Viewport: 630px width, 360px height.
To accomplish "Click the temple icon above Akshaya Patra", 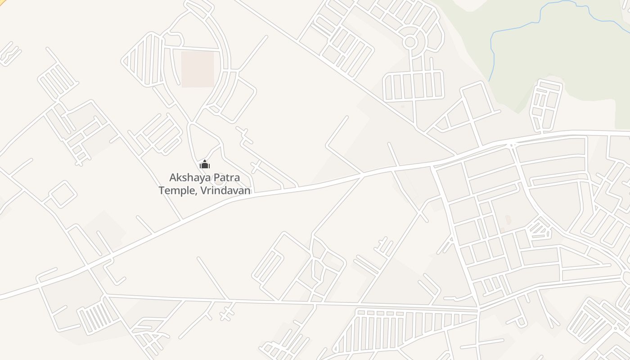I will tap(205, 164).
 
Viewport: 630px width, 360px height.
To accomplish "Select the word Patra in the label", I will tap(225, 178).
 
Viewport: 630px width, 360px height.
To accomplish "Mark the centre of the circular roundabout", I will tap(409, 42).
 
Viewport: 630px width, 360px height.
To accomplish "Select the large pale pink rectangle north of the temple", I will tap(198, 69).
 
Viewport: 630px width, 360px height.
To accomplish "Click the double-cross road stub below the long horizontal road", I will tap(229, 311).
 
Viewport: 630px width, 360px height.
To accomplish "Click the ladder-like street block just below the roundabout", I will tap(413, 85).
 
